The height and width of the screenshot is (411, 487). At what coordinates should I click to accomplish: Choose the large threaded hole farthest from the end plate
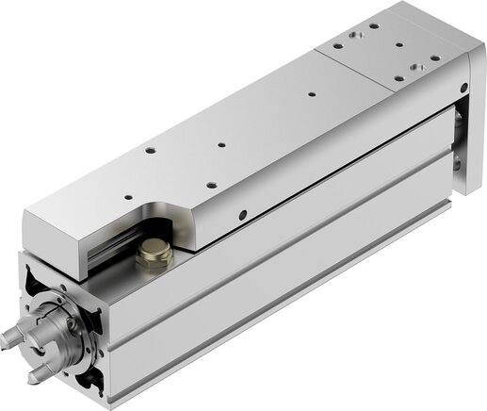coord(336,41)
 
